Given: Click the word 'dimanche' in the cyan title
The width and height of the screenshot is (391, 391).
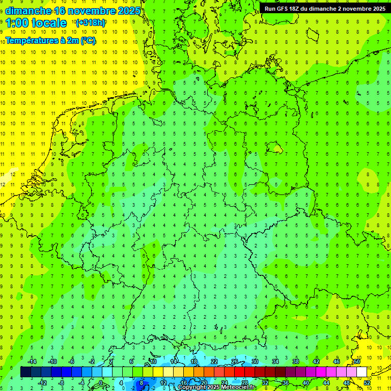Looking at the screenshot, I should [28, 11].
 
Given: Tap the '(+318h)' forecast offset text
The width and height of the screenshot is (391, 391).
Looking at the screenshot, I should [91, 23].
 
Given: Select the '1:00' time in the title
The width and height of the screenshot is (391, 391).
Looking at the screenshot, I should [16, 23].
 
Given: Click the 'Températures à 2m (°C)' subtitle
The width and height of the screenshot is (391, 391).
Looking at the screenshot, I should [50, 41].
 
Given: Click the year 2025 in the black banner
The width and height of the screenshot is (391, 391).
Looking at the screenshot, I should [376, 9].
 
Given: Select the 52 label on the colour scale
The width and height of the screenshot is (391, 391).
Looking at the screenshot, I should [367, 382].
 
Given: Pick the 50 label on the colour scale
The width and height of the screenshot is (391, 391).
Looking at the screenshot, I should [357, 361].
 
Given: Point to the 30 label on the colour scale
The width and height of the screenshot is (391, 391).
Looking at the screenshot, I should [255, 361].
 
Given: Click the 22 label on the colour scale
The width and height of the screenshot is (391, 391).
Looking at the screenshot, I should [214, 361].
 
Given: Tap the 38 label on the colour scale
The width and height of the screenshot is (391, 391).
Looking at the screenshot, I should [296, 361].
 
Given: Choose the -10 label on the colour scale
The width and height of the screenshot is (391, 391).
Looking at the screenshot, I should [51, 361].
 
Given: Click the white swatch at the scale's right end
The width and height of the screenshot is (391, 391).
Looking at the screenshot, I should [361, 372].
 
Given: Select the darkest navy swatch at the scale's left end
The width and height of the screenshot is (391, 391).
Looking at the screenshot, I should [25, 372].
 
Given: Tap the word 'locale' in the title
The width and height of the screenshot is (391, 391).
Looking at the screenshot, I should [49, 23].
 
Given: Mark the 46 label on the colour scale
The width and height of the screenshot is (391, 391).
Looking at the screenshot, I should [337, 361].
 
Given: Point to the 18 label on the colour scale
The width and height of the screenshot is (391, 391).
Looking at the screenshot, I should [194, 361].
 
